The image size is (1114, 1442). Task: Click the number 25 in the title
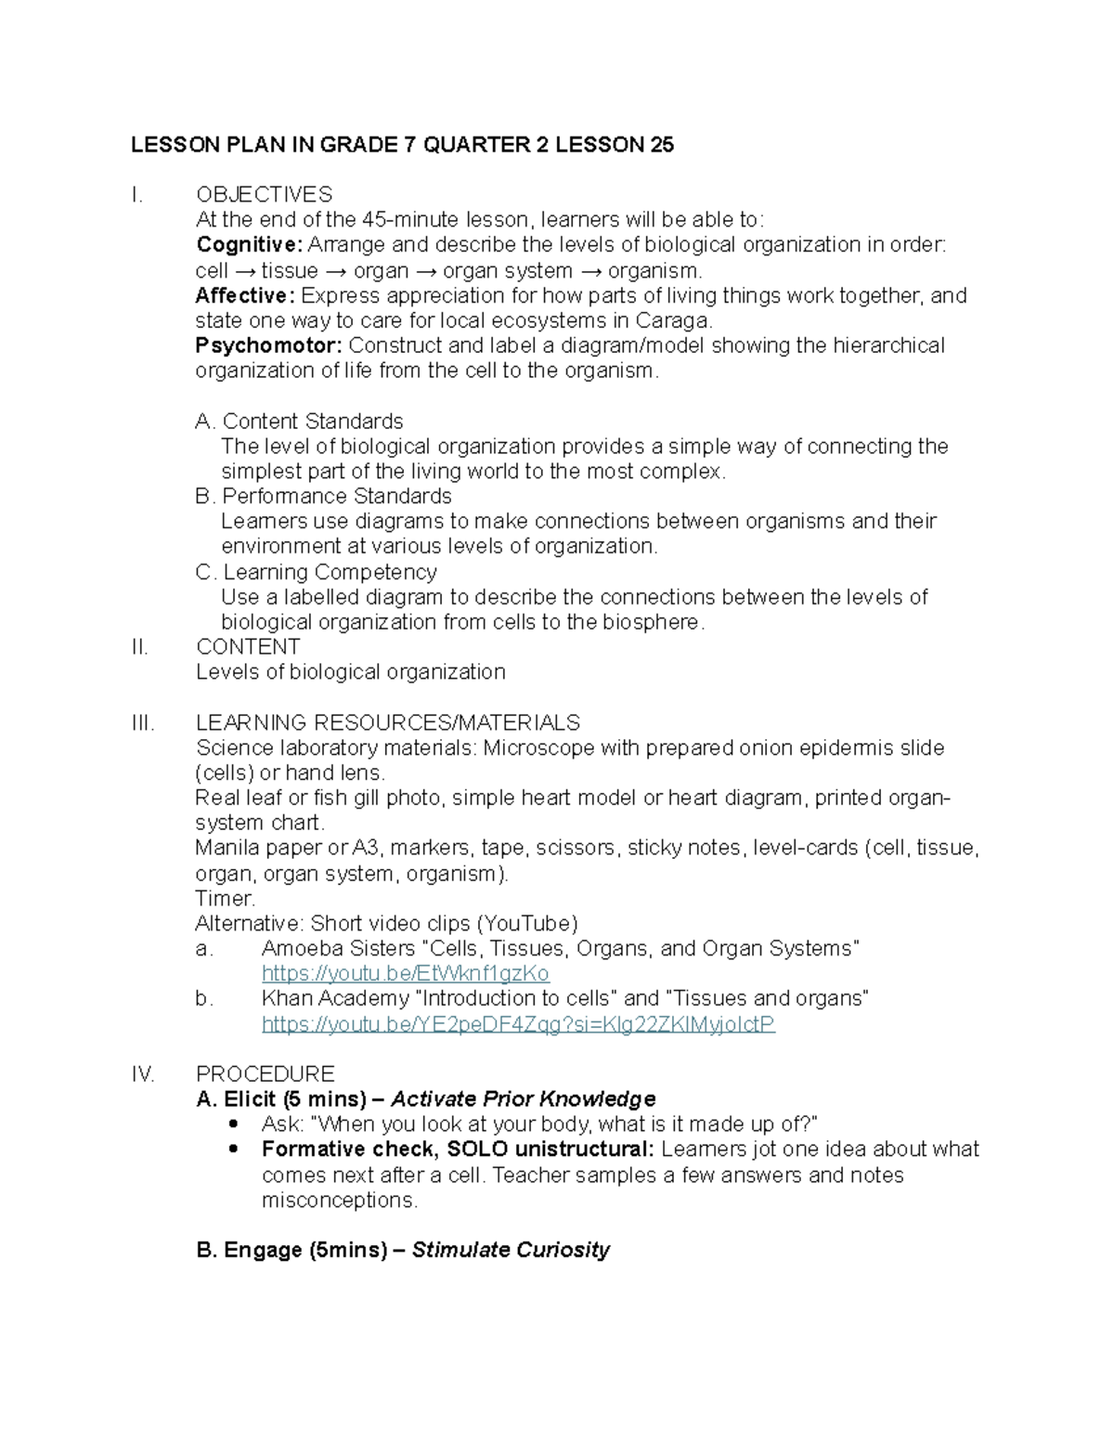661,145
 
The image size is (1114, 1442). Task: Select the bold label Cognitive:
249,245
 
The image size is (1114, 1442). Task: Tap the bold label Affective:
245,295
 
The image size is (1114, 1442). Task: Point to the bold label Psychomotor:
268,345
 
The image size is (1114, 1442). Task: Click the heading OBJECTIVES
264,195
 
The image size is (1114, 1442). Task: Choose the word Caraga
674,321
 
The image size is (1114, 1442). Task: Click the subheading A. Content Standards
299,422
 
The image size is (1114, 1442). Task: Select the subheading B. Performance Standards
323,497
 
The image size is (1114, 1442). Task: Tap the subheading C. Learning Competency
316,572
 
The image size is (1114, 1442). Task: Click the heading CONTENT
248,647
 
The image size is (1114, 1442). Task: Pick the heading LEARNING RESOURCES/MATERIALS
387,723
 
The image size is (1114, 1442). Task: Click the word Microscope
538,748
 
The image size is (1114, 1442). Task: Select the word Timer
225,899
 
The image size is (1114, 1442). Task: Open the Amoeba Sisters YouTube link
406,974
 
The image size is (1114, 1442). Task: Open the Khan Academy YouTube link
518,1024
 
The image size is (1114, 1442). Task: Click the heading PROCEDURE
265,1074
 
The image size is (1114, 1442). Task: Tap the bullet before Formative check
233,1150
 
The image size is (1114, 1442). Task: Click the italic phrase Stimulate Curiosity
511,1251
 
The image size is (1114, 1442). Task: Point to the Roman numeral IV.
143,1074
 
